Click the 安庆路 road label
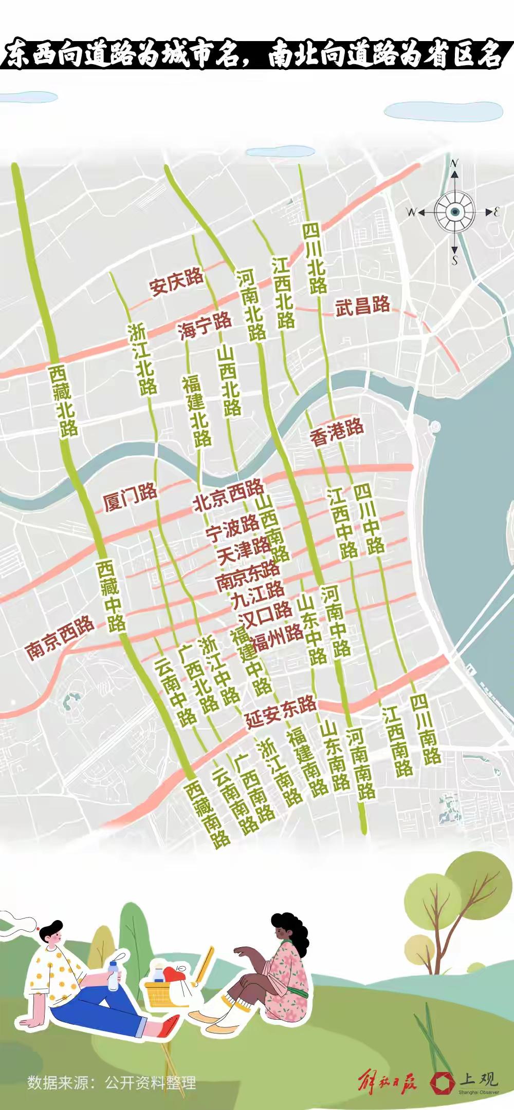tap(177, 281)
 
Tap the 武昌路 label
tap(363, 307)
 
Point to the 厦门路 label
tap(130, 496)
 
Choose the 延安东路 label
tap(281, 711)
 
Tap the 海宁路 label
tap(205, 326)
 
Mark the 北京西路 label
tap(228, 495)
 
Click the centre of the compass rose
tap(454, 212)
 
